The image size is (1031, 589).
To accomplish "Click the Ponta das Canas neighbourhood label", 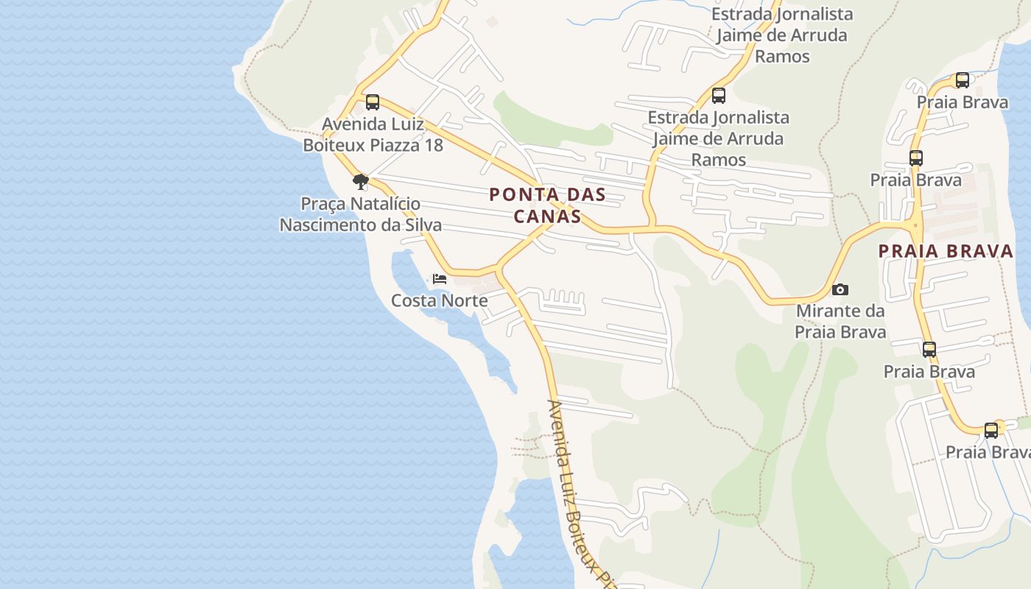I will coord(547,205).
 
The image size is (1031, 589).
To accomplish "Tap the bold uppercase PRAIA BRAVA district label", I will coord(946,251).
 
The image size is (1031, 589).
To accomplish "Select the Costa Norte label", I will coord(439,300).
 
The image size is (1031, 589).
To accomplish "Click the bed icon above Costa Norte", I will coord(440,279).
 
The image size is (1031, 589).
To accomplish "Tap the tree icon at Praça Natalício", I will coord(360,181).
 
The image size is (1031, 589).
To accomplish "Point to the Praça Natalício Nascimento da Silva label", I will coord(361,214).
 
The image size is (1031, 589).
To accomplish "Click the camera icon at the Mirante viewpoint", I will coord(840,290).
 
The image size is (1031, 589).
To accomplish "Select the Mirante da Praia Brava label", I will coord(840,322).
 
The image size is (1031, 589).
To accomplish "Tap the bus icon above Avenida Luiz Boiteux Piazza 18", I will coord(373,102).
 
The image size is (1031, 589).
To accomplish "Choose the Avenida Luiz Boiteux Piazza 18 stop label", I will coord(373,134).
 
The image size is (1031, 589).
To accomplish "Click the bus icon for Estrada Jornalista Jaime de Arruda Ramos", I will coord(718,96).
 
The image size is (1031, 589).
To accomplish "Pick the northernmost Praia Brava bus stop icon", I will coord(962,80).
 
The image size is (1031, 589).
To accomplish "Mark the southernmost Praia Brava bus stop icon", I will coord(991,431).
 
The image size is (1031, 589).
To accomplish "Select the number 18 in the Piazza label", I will coord(433,145).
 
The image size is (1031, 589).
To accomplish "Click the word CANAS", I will coord(547,216).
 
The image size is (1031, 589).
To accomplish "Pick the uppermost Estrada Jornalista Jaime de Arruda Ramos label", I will coord(781,35).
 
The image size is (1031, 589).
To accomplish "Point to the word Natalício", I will coord(387,203).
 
